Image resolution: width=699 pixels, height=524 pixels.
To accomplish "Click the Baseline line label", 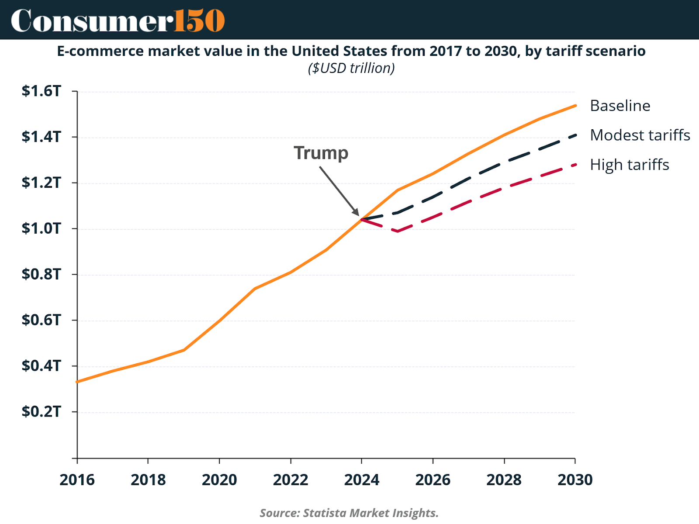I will click(x=620, y=106).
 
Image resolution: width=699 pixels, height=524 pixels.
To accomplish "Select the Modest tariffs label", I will click(x=640, y=135).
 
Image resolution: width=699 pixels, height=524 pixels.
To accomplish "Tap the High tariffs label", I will click(x=629, y=165).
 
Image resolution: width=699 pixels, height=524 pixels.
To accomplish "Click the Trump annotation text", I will click(x=321, y=153).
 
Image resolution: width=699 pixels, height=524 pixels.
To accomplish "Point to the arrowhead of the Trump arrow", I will click(x=357, y=214).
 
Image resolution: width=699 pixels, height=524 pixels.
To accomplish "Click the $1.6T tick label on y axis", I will click(x=42, y=91).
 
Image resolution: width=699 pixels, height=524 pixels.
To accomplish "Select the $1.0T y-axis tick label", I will click(x=42, y=228).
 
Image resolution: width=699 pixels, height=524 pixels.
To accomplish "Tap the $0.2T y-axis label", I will click(x=42, y=411).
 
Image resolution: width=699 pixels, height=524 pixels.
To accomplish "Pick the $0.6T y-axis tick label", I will click(x=42, y=320).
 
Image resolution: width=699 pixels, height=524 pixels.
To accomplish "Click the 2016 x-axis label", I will click(x=77, y=480).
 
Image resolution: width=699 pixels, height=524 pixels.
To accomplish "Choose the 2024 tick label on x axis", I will click(x=362, y=480).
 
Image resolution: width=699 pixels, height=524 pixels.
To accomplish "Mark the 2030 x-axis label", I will click(x=575, y=480).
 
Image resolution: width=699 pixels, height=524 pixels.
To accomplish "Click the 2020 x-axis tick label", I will click(x=219, y=480).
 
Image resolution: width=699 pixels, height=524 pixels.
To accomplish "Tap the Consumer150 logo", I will click(x=118, y=21).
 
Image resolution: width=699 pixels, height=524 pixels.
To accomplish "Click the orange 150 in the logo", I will click(x=199, y=21).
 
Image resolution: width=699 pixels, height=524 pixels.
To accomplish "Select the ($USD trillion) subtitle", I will click(x=351, y=68).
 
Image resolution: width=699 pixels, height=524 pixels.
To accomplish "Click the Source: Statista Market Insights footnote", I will click(x=349, y=513).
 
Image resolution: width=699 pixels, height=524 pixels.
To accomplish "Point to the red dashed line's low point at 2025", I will click(x=398, y=231).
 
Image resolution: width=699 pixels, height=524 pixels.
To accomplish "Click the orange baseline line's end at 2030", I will click(x=575, y=105).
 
